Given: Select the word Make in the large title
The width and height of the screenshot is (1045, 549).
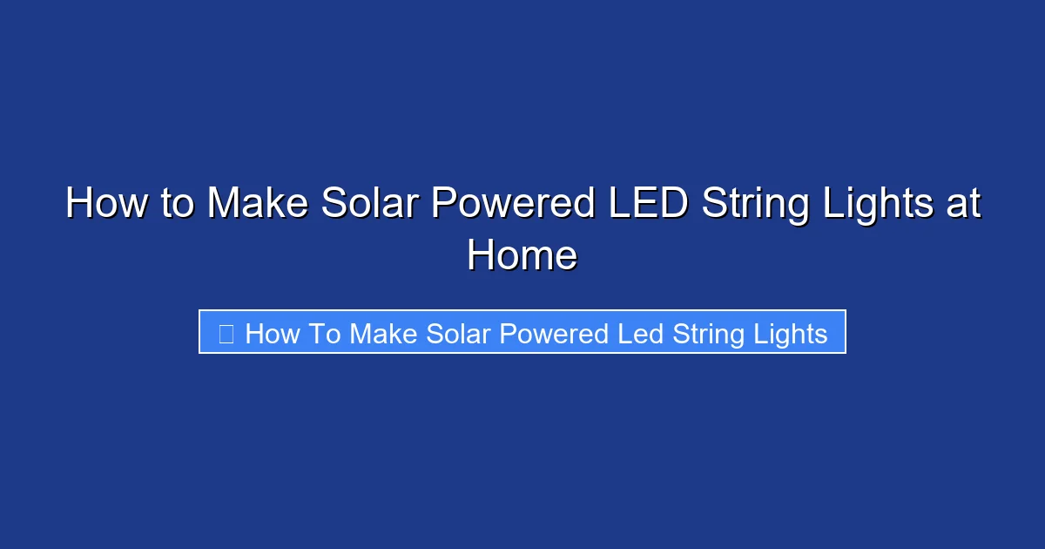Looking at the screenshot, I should [x=259, y=204].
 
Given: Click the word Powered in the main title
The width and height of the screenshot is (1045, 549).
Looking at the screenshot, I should [x=513, y=204].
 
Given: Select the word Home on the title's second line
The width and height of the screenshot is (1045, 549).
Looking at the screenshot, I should [x=522, y=256].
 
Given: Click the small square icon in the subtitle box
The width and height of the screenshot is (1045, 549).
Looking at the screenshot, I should [x=226, y=333].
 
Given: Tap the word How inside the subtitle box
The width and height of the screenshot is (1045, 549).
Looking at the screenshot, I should [x=272, y=333].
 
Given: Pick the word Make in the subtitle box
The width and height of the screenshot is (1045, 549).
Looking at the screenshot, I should [x=384, y=333].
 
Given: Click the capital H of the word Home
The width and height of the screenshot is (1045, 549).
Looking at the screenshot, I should [x=482, y=256].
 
